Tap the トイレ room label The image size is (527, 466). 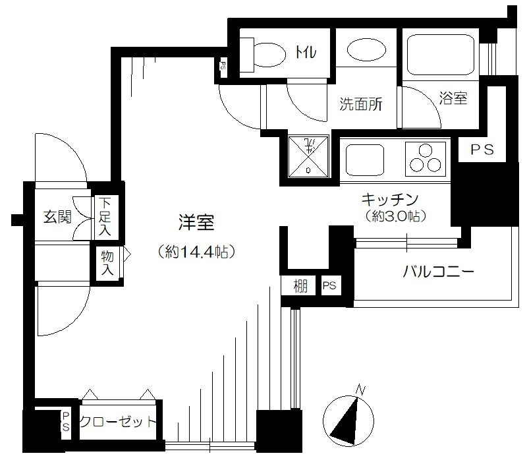(306, 53)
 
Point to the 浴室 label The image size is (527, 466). (453, 98)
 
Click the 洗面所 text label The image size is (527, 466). (360, 104)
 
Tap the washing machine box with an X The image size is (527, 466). (308, 156)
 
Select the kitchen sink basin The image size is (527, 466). (365, 160)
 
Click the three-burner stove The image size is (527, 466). (426, 159)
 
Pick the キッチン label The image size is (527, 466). (390, 199)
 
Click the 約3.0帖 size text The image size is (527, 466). (396, 216)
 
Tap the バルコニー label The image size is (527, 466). (438, 271)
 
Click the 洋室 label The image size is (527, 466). (196, 222)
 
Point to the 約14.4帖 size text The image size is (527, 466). (196, 252)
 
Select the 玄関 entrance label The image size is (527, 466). (57, 217)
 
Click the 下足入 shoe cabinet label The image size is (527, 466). (105, 217)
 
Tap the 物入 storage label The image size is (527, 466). (107, 264)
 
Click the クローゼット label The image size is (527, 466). (118, 421)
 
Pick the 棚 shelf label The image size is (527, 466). (300, 286)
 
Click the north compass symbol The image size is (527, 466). (348, 419)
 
